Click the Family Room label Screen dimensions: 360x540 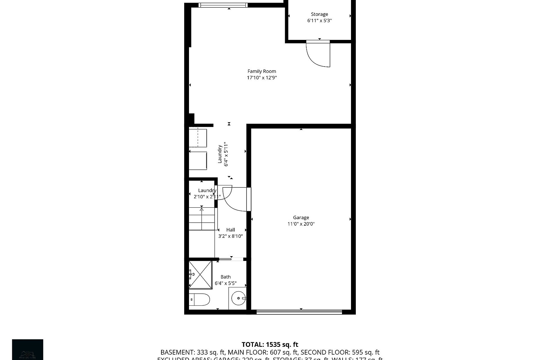click(x=262, y=71)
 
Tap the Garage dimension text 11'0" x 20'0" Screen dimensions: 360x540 click(x=301, y=224)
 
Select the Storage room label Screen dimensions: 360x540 click(x=319, y=14)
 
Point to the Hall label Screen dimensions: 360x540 click(x=230, y=230)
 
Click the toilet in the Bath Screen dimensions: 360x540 click(x=200, y=299)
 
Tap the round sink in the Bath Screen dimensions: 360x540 click(x=238, y=298)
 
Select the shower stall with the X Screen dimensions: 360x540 click(x=200, y=274)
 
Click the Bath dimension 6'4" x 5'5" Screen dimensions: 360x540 click(x=226, y=283)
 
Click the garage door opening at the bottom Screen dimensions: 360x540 click(x=299, y=312)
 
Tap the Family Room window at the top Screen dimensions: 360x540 click(x=223, y=5)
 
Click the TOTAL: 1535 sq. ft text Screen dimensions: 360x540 click(x=270, y=345)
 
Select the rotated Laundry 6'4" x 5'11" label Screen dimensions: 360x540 click(x=223, y=154)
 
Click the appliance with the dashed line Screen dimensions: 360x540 click(x=198, y=138)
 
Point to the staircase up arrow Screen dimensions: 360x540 click(x=202, y=209)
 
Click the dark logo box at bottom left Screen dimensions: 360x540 click(x=28, y=349)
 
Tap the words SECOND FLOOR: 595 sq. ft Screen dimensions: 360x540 click(x=340, y=352)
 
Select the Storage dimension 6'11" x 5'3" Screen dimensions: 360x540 click(x=319, y=21)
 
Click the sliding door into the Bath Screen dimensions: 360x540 click(x=231, y=259)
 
